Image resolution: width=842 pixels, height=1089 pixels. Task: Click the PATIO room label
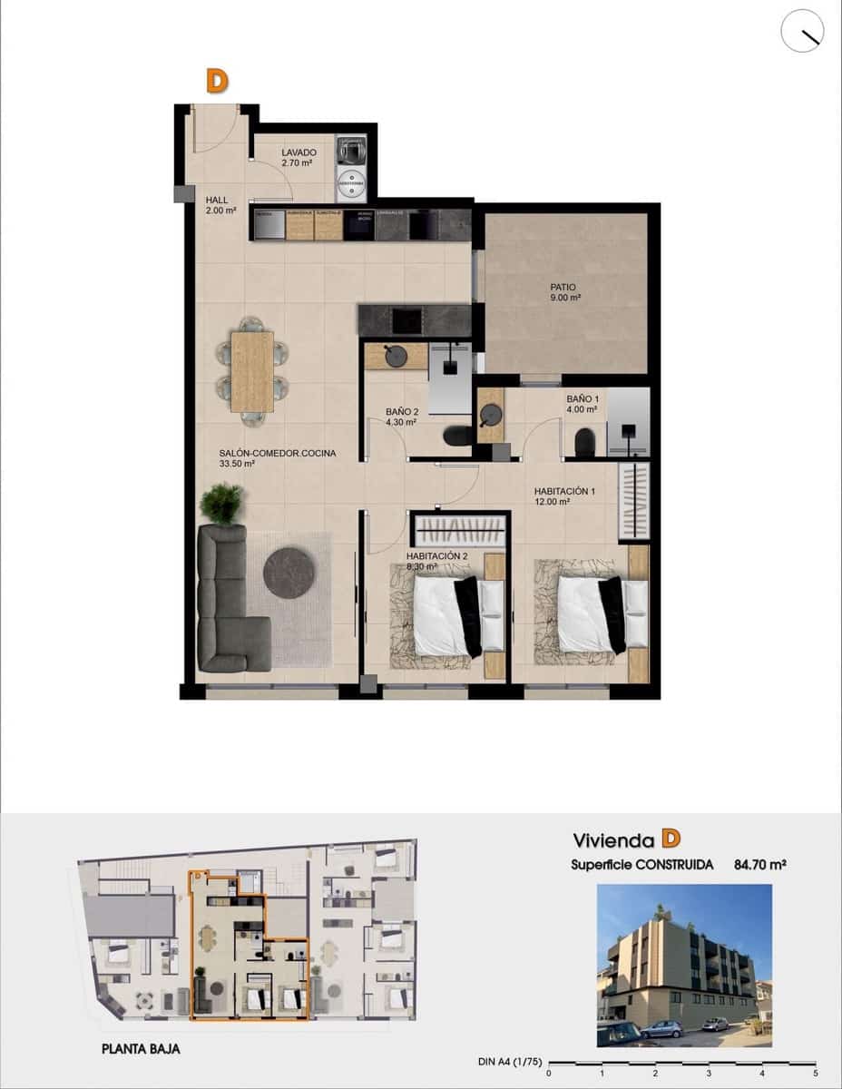coord(563,287)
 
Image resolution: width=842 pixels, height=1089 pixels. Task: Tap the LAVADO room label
coord(298,152)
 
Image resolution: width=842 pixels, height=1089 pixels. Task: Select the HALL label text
coord(217,200)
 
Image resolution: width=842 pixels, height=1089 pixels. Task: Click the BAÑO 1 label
coord(583,398)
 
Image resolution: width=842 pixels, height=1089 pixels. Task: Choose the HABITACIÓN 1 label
coord(564,492)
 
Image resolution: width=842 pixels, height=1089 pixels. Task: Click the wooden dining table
coord(252,370)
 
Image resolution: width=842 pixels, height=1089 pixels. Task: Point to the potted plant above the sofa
coord(222,503)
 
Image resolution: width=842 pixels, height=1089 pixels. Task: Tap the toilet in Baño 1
coord(585,442)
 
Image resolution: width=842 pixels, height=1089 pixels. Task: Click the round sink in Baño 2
coord(397,356)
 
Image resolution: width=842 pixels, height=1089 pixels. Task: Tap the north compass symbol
coord(802,32)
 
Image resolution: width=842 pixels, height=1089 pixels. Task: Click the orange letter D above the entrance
coord(216,82)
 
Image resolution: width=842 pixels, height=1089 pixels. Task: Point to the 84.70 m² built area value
coord(759,865)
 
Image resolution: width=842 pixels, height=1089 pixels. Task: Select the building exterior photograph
coord(684,966)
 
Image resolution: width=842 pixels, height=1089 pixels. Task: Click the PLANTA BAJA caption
coord(141,1048)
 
